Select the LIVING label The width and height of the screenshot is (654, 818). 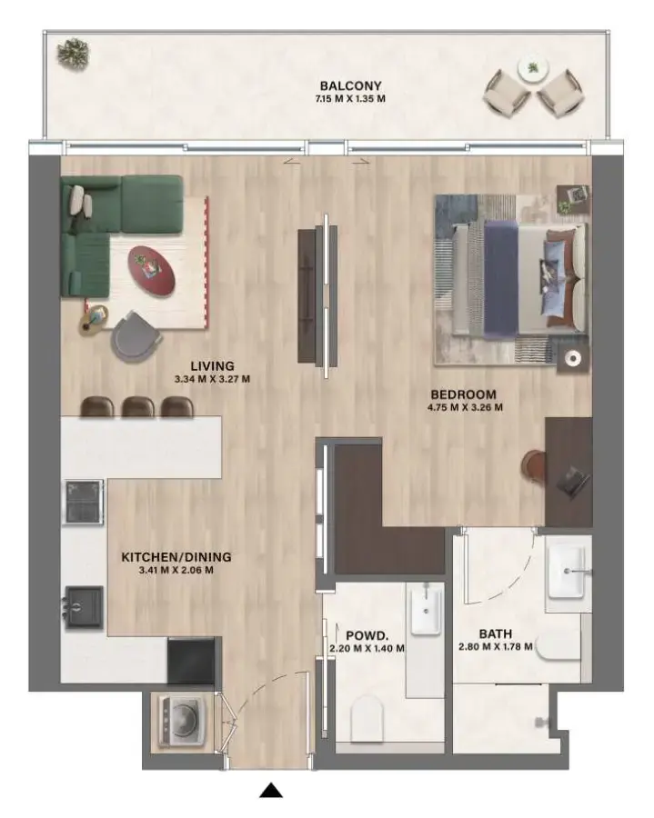click(x=212, y=366)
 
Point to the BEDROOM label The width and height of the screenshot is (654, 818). click(x=464, y=394)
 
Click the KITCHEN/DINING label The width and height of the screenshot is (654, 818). click(x=176, y=557)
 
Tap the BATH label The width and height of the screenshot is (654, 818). click(x=496, y=633)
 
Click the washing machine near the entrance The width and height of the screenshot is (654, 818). click(x=178, y=720)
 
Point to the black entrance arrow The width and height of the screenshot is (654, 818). click(x=271, y=791)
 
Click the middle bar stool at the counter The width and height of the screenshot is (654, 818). click(x=137, y=406)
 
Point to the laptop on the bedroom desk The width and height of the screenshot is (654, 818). click(x=573, y=480)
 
